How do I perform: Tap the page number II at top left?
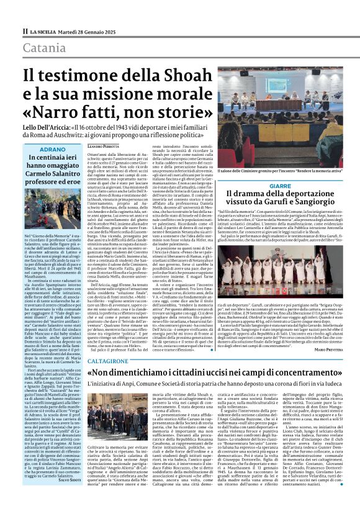click(24, 31)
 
